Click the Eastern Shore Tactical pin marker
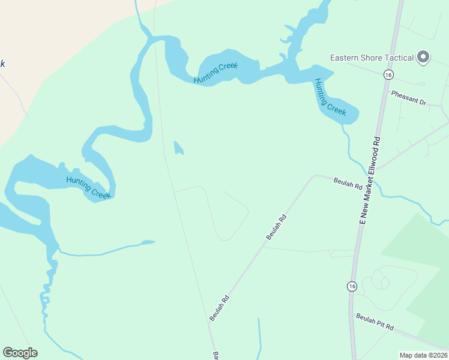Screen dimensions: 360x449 pos(423,57)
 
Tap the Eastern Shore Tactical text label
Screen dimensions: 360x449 pos(372,58)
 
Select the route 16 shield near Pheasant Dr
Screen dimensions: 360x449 pos(389,74)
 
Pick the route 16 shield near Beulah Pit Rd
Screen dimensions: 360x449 pos(352,286)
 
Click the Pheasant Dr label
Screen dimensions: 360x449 pos(408,98)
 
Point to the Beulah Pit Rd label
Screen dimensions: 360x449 pos(375,322)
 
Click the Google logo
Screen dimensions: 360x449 pos(20,353)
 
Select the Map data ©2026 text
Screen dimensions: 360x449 pos(424,355)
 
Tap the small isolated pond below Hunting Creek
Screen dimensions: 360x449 pos(178,148)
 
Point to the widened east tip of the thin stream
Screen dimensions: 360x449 pos(148,242)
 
